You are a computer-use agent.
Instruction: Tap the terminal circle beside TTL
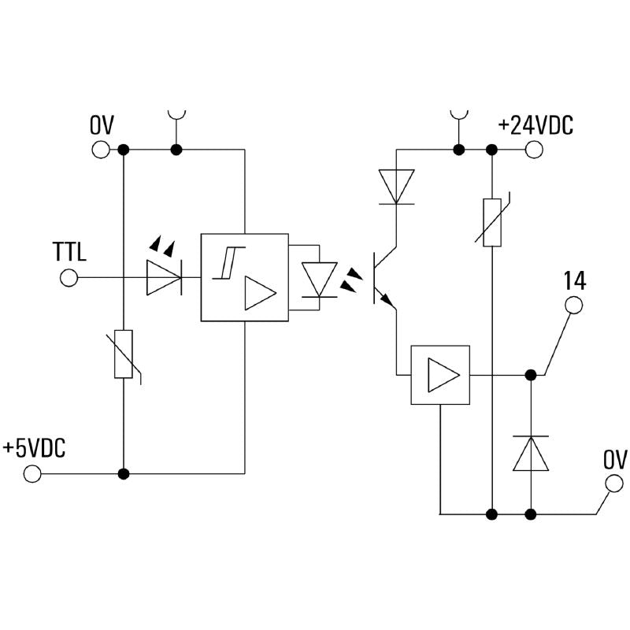(x=69, y=278)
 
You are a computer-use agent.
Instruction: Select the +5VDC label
(x=34, y=448)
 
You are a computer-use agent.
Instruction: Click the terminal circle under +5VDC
(x=32, y=473)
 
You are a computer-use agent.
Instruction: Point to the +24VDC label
(x=535, y=125)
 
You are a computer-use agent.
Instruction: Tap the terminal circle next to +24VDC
(x=535, y=149)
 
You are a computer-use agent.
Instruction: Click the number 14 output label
(x=575, y=280)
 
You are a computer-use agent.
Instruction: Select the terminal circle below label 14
(x=575, y=305)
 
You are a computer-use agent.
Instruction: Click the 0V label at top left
(x=102, y=125)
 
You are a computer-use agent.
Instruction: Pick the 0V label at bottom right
(x=614, y=460)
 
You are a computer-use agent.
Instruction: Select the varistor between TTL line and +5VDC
(x=124, y=355)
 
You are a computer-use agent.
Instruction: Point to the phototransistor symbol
(x=386, y=279)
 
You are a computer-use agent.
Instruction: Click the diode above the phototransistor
(x=396, y=187)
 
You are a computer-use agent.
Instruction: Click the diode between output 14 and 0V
(x=531, y=454)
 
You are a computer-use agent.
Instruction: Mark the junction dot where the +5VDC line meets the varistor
(x=123, y=473)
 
